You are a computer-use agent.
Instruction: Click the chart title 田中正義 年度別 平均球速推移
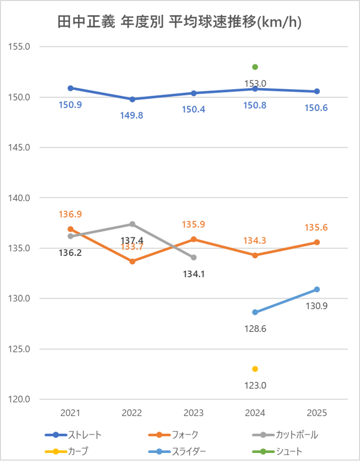pos(179,22)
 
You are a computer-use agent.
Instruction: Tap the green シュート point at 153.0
pos(255,67)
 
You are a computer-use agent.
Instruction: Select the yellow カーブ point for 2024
pos(255,369)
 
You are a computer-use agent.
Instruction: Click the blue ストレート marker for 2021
pos(70,88)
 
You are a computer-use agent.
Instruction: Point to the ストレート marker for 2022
pos(132,99)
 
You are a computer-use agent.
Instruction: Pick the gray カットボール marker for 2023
pos(194,257)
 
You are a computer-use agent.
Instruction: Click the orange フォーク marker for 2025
pos(317,242)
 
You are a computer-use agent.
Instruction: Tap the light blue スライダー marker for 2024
pos(255,312)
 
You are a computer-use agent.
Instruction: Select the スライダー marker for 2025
pos(317,289)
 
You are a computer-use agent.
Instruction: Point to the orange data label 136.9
pos(70,213)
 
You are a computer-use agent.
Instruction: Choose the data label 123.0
pos(255,385)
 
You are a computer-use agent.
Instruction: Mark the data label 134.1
pos(194,274)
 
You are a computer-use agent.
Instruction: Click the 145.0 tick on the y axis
pos(20,148)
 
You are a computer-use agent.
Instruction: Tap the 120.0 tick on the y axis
pos(20,399)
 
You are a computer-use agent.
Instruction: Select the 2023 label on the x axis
pos(194,413)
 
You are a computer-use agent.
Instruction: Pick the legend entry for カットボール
pos(297,435)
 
